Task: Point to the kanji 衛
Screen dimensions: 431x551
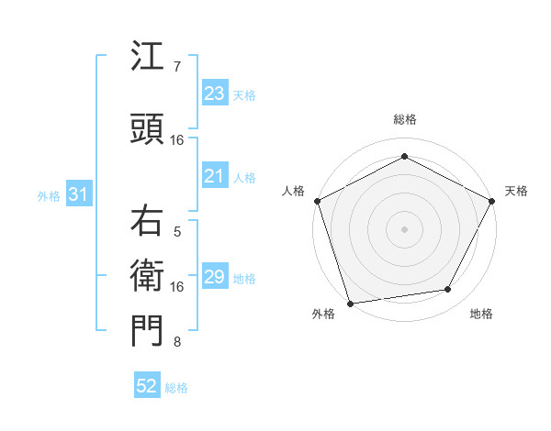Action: pyautogui.click(x=147, y=274)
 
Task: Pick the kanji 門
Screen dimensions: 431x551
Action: pyautogui.click(x=147, y=330)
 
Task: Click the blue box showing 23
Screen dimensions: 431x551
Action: pyautogui.click(x=214, y=94)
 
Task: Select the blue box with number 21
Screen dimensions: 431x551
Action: pyautogui.click(x=214, y=176)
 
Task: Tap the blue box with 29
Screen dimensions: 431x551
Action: pyautogui.click(x=214, y=277)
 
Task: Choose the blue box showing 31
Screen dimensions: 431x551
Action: pyautogui.click(x=78, y=195)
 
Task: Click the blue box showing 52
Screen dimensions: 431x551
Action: pyautogui.click(x=147, y=386)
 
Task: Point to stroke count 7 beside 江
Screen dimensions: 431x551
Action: pyautogui.click(x=177, y=66)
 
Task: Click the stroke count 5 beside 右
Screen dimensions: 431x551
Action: pyautogui.click(x=177, y=231)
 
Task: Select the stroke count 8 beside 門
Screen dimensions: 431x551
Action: pyautogui.click(x=177, y=342)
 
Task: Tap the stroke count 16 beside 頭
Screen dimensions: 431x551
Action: pyautogui.click(x=177, y=139)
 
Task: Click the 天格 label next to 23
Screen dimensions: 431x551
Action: pyautogui.click(x=244, y=94)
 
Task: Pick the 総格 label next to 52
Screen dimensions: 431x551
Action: pyautogui.click(x=176, y=388)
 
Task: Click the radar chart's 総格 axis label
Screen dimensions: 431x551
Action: pyautogui.click(x=405, y=119)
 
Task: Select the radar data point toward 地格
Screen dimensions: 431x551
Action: pyautogui.click(x=448, y=290)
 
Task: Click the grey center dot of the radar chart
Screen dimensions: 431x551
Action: pyautogui.click(x=405, y=228)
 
